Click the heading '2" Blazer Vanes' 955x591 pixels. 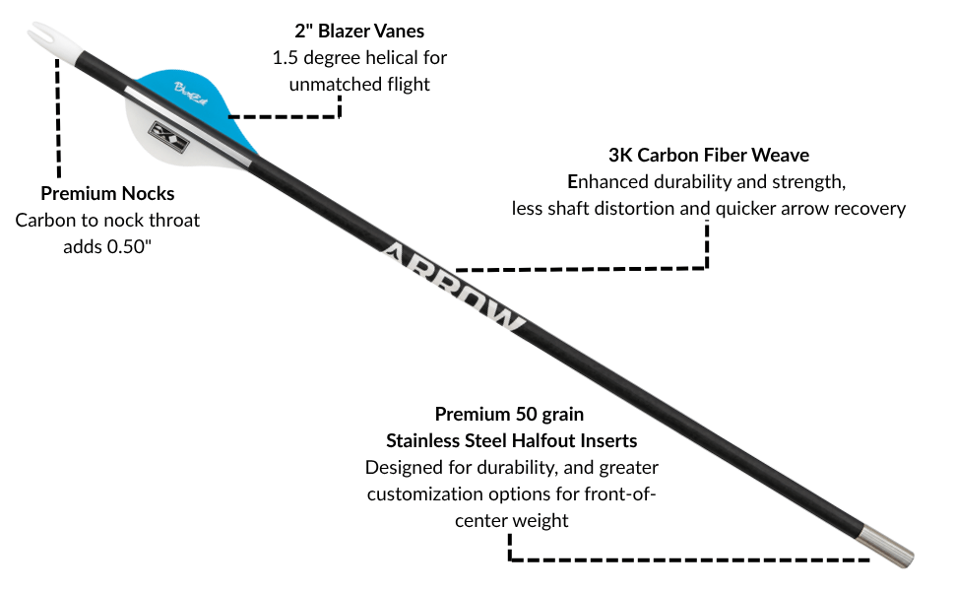click(359, 32)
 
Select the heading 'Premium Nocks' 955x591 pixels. click(107, 193)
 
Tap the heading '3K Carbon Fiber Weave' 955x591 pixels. click(708, 156)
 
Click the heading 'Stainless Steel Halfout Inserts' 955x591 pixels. click(511, 439)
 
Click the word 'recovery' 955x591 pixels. click(869, 209)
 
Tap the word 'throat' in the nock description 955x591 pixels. click(172, 220)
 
